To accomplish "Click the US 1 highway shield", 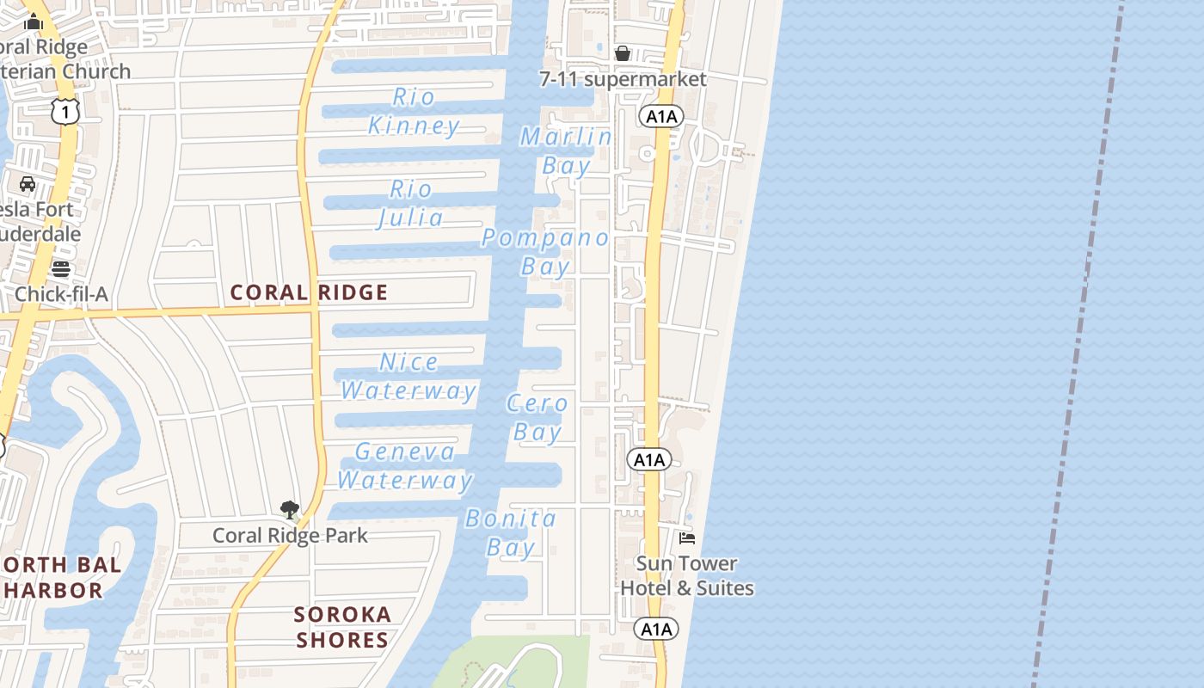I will [x=65, y=111].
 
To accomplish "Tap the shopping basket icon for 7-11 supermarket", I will [x=623, y=53].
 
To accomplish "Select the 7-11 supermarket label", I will [x=623, y=79].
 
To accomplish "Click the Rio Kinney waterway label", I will [x=414, y=112].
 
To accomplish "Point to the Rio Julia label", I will [x=411, y=204].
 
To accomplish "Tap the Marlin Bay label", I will [x=566, y=151].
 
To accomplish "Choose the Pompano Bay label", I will [x=545, y=252].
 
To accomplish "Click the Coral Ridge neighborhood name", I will [x=309, y=292].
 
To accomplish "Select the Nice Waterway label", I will [x=408, y=377].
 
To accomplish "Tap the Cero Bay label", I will [x=537, y=417].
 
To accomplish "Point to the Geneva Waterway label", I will [x=405, y=466].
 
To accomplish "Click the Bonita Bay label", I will [x=511, y=533].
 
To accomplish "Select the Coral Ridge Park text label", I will [x=290, y=535].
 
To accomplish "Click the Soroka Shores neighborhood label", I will [x=342, y=627].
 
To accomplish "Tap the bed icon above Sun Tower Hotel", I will [x=686, y=538].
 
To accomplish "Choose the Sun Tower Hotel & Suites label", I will [x=687, y=576].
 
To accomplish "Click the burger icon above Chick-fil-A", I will [x=60, y=268].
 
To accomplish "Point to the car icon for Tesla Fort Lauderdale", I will [x=28, y=184].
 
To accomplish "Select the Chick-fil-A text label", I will [x=61, y=294].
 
